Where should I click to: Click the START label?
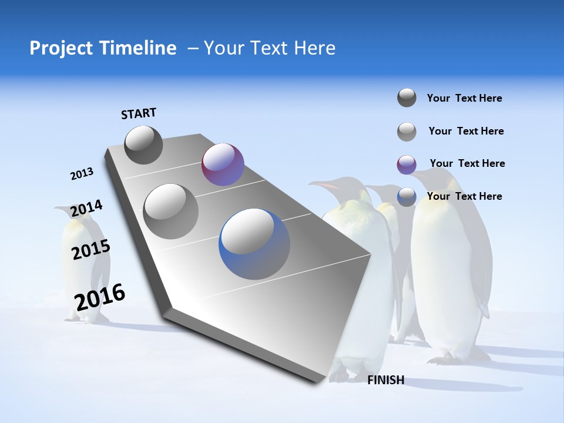(139, 113)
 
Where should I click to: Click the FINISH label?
(385, 380)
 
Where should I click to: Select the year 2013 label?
(82, 174)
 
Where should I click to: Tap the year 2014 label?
(86, 209)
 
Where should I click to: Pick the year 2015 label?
(90, 250)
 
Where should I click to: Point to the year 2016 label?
(100, 297)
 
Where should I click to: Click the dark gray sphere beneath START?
(143, 145)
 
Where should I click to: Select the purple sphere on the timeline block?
(223, 164)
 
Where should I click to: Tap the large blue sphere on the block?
(254, 244)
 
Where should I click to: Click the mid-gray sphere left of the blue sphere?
(170, 211)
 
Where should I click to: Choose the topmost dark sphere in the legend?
(407, 98)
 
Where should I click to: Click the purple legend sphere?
(407, 164)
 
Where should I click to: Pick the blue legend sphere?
(407, 197)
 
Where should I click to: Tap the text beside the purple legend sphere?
(467, 163)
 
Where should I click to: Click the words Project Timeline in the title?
(103, 48)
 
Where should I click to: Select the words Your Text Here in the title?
(269, 48)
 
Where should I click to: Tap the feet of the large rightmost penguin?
(446, 357)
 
